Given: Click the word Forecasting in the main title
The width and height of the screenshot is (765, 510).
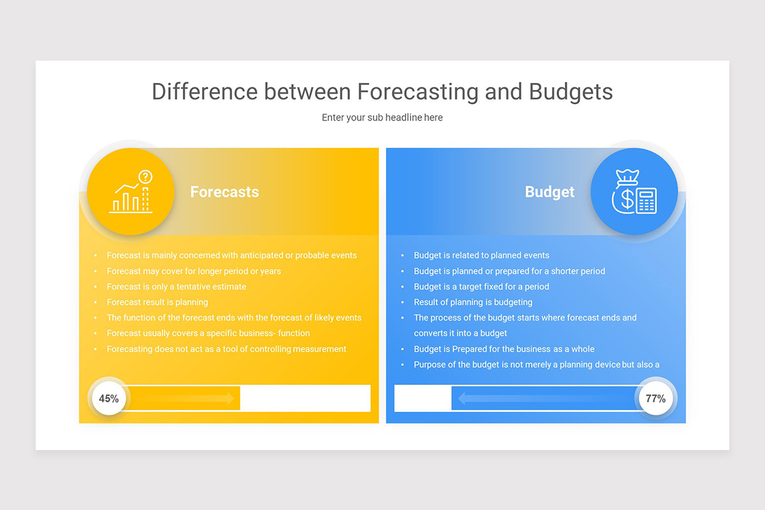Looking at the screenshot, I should point(417,92).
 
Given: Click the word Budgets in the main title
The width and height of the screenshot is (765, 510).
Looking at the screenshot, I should point(571,92).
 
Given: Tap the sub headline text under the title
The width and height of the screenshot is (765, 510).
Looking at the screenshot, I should point(382,117).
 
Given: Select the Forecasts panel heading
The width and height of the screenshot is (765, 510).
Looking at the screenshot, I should point(224,192).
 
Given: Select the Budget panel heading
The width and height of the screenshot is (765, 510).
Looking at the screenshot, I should point(550,192).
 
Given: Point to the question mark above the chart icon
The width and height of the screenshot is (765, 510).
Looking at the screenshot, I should point(146,177).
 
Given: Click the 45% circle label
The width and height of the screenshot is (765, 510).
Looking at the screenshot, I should point(109,398).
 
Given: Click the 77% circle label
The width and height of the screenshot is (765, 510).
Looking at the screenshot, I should point(655,398).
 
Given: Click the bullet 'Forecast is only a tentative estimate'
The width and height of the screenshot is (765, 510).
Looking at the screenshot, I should point(176,286).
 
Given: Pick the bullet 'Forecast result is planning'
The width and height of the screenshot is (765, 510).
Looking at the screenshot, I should point(157,302).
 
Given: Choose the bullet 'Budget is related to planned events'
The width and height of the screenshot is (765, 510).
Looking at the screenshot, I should point(481,255).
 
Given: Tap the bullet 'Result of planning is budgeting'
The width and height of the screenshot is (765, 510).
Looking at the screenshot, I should point(472,302).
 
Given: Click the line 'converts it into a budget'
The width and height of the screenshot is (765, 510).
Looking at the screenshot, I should point(460,333).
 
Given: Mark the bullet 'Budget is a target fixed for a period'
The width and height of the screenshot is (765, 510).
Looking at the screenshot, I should point(481,286).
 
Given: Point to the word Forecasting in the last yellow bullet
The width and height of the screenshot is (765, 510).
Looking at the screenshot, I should point(129,349).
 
